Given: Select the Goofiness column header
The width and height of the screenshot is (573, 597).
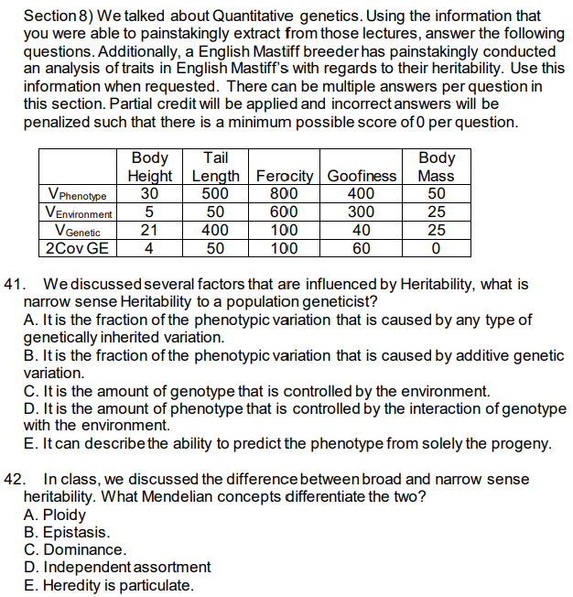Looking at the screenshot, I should (362, 176).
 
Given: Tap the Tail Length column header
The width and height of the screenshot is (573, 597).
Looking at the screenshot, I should (216, 168).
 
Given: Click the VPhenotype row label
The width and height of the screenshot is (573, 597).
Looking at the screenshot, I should (76, 195).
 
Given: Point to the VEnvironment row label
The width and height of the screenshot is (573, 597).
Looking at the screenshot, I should (76, 212).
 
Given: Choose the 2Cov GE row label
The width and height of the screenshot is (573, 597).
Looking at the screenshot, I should (76, 247).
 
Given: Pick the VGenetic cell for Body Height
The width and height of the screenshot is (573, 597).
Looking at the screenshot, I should (150, 230).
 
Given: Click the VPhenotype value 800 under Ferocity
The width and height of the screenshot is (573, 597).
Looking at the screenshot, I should (286, 194).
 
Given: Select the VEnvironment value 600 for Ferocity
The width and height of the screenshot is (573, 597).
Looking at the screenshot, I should (286, 212).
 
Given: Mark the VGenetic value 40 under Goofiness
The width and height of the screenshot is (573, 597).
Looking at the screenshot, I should (362, 230).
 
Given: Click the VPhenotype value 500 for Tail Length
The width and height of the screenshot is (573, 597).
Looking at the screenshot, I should (216, 194).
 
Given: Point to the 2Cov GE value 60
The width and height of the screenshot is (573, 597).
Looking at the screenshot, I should (362, 247).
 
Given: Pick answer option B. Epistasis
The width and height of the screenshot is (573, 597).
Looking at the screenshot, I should (66, 532).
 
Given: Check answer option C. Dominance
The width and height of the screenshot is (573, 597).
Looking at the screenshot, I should (74, 549).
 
